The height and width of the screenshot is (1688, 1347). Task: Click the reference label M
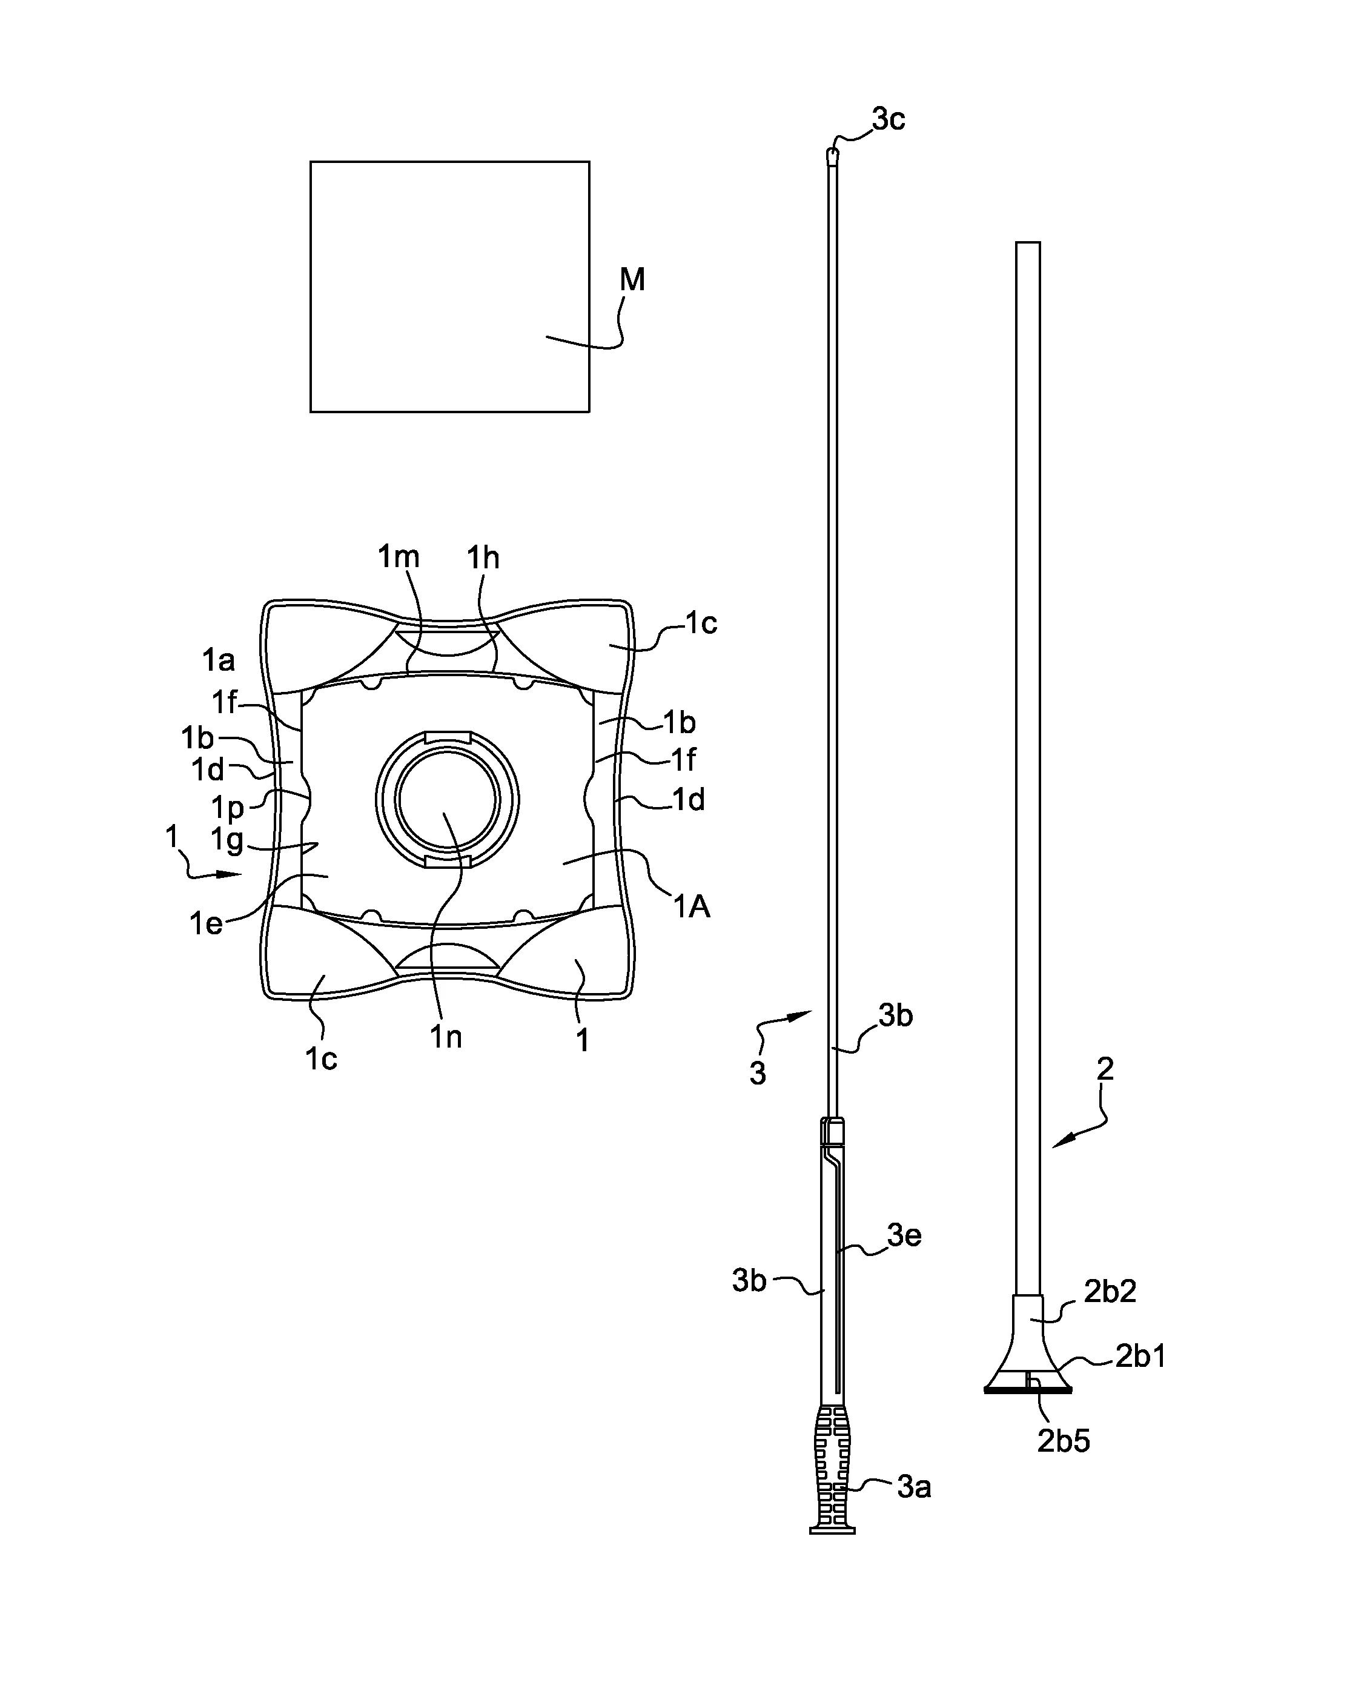click(x=632, y=279)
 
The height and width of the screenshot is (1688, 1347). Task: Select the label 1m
click(x=399, y=557)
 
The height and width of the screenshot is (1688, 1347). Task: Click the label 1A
click(x=692, y=906)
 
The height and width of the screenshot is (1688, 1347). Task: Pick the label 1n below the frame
click(x=445, y=1037)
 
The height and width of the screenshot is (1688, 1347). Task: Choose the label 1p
click(x=228, y=807)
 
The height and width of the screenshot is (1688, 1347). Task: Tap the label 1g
click(x=227, y=841)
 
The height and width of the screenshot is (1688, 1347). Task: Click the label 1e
click(x=206, y=924)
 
